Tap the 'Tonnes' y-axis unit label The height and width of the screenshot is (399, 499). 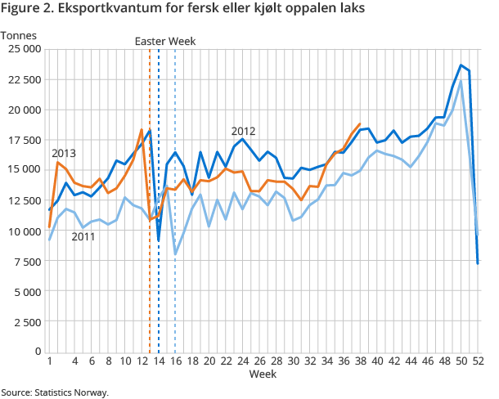click(18, 35)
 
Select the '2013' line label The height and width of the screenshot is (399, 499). click(64, 153)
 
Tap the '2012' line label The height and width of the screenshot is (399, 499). click(244, 131)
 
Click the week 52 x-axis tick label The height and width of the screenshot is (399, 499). click(478, 361)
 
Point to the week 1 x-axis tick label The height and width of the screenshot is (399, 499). click(50, 361)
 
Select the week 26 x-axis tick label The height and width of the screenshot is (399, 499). click(259, 361)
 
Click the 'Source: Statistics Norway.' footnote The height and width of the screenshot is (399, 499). click(55, 392)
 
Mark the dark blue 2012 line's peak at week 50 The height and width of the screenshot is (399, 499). click(461, 65)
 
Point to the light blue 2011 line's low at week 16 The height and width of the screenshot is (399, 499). click(175, 253)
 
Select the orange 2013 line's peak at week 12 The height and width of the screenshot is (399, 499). click(142, 130)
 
